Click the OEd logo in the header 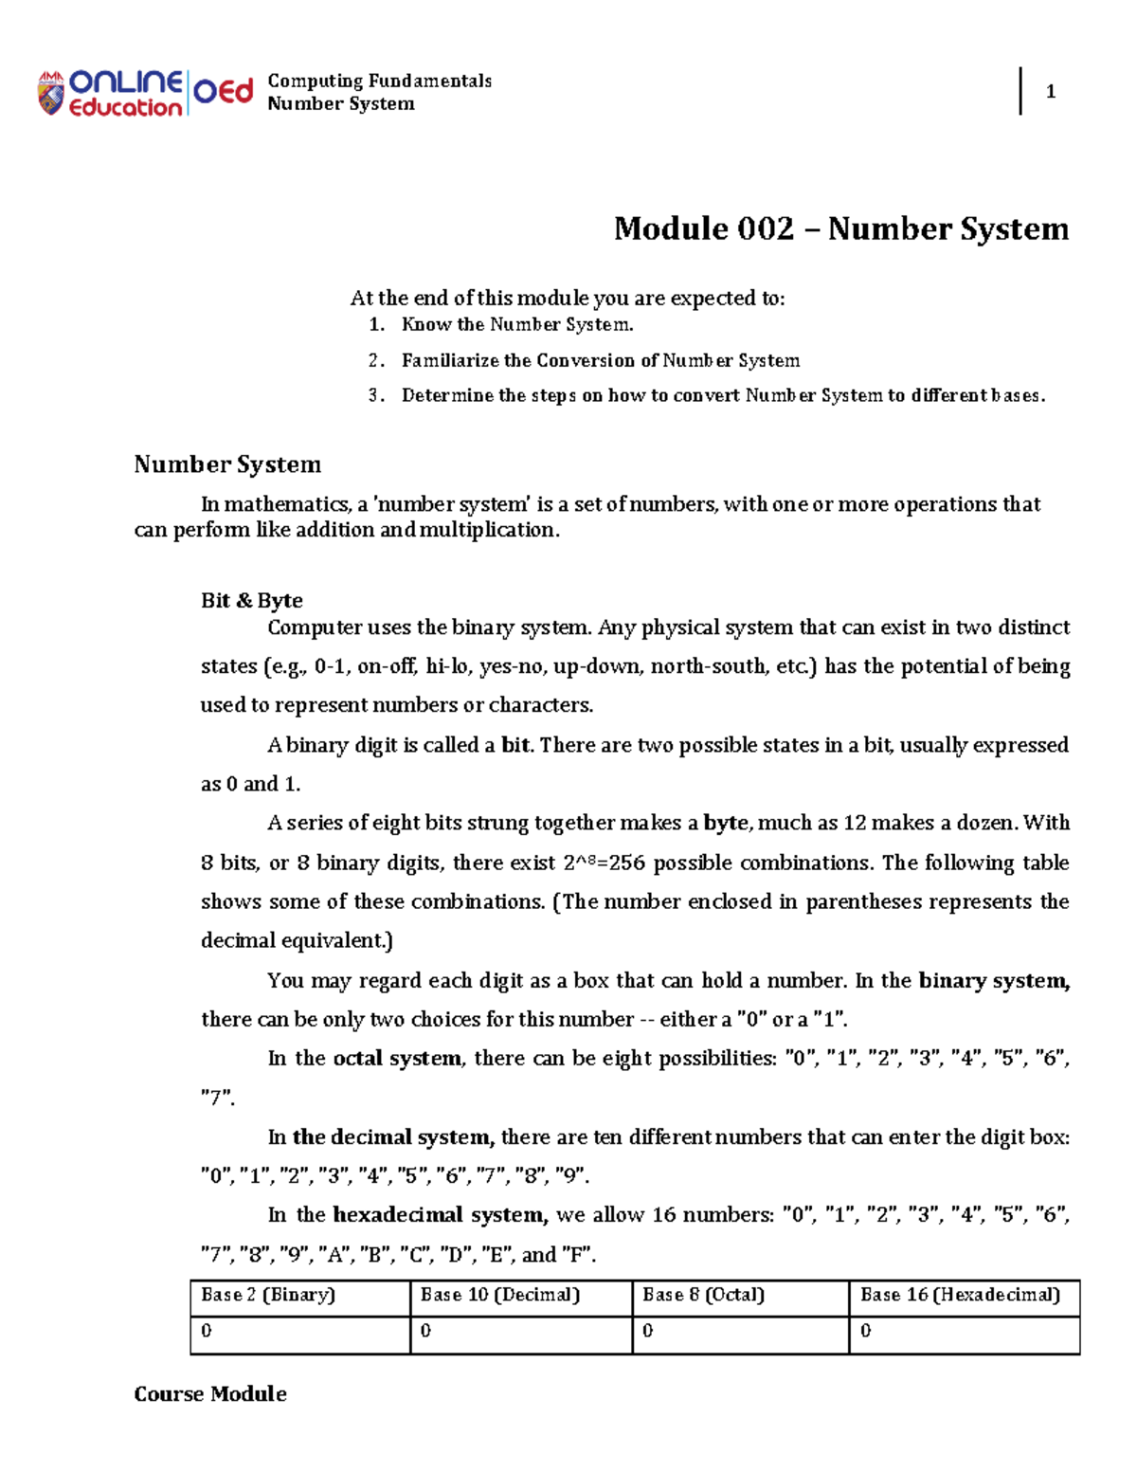(224, 92)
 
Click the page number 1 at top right (1050, 92)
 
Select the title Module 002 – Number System (840, 228)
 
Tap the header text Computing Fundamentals (379, 81)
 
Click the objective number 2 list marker (375, 360)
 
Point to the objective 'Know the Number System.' (516, 324)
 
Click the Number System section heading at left (227, 464)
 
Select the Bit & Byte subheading (251, 600)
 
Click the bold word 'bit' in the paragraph (516, 745)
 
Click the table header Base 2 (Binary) (268, 1295)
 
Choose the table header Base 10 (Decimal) (499, 1295)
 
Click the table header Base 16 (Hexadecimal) (959, 1295)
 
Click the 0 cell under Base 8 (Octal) (648, 1332)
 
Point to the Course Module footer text (210, 1393)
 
